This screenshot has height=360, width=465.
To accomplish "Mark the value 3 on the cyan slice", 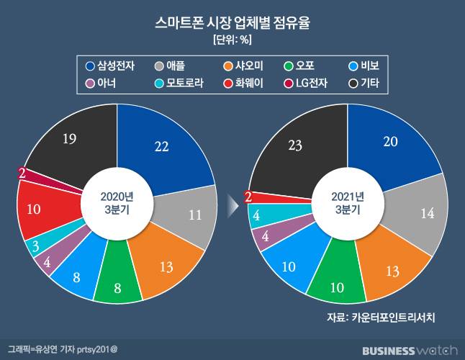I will tap(35, 247).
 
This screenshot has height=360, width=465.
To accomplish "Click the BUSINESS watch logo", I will tap(410, 351).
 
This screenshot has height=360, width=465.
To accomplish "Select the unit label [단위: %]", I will tap(232, 39).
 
